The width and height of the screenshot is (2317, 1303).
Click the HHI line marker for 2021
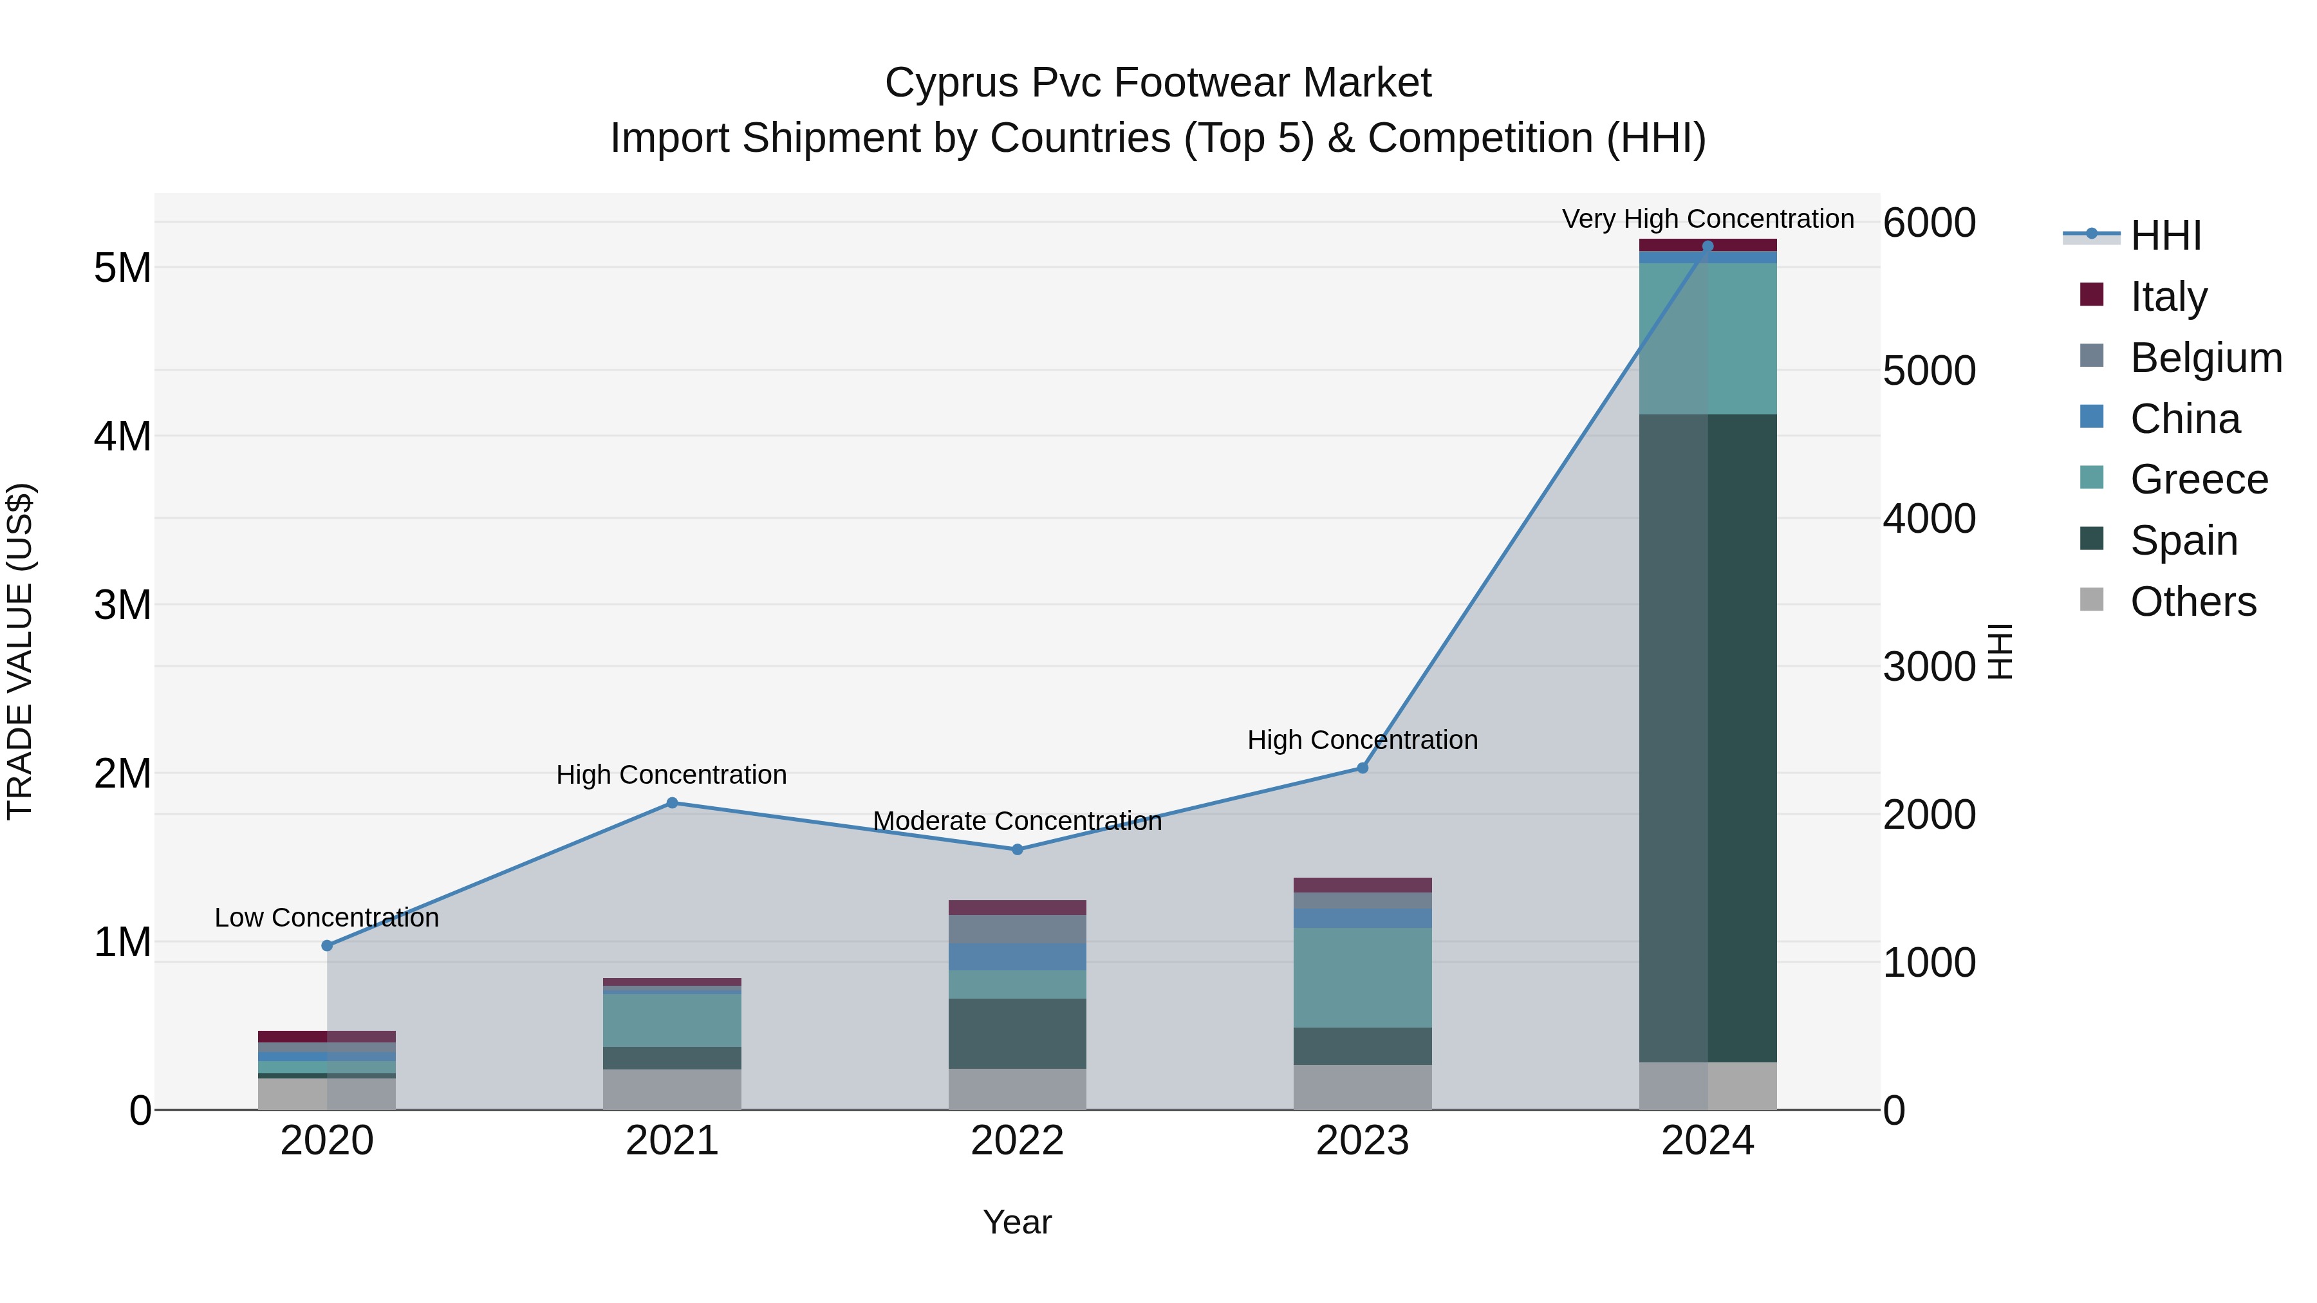pos(672,803)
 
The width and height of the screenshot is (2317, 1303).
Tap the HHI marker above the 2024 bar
pos(1707,246)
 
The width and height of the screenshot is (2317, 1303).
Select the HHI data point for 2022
pos(1018,850)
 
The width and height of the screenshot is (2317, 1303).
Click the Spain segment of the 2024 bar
pos(1707,737)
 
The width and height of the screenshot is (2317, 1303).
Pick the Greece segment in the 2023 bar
pos(1362,977)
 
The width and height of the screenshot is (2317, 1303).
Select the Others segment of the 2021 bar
pos(672,1089)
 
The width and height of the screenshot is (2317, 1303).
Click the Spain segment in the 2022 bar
pos(1018,1033)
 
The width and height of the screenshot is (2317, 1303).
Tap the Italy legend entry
pos(2168,296)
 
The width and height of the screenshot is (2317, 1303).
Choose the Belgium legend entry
pos(2204,357)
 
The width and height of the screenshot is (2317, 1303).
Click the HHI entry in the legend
pos(2165,236)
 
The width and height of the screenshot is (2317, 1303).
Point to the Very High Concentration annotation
pos(1707,219)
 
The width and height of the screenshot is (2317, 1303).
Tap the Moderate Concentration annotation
pos(1018,821)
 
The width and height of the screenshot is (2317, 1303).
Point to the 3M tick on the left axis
pos(122,605)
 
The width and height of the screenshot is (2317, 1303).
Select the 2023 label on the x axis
pos(1362,1141)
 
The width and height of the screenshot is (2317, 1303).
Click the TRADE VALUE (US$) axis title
pos(20,651)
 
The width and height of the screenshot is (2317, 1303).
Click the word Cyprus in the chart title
pos(951,83)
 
